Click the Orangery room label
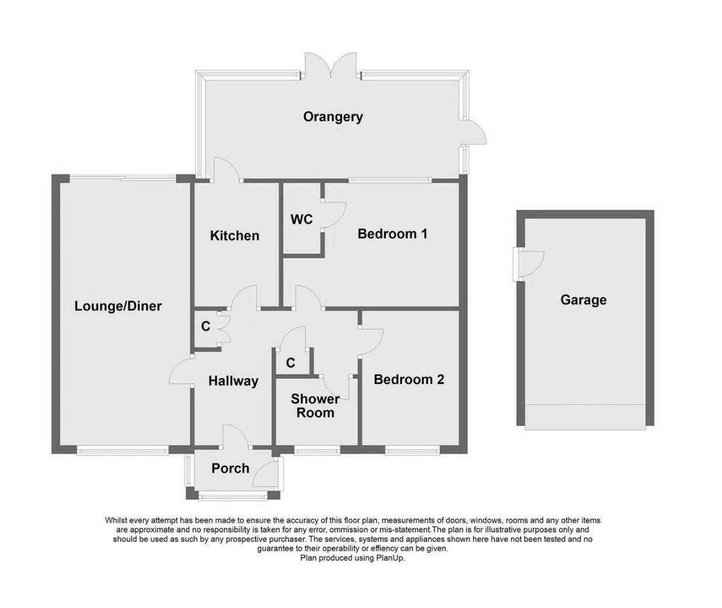click(x=332, y=116)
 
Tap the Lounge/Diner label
click(x=118, y=306)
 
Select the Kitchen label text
click(x=234, y=236)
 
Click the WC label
click(x=301, y=219)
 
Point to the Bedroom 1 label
click(x=392, y=234)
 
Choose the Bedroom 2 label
click(x=408, y=379)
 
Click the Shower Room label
click(x=315, y=406)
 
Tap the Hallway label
click(x=233, y=381)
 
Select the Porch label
click(x=230, y=468)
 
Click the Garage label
click(x=583, y=300)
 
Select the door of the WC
click(x=335, y=216)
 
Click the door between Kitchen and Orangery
click(x=227, y=171)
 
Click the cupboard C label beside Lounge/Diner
click(x=206, y=326)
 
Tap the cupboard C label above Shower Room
click(x=290, y=363)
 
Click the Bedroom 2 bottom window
click(x=412, y=450)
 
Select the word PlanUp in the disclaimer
click(x=391, y=558)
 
